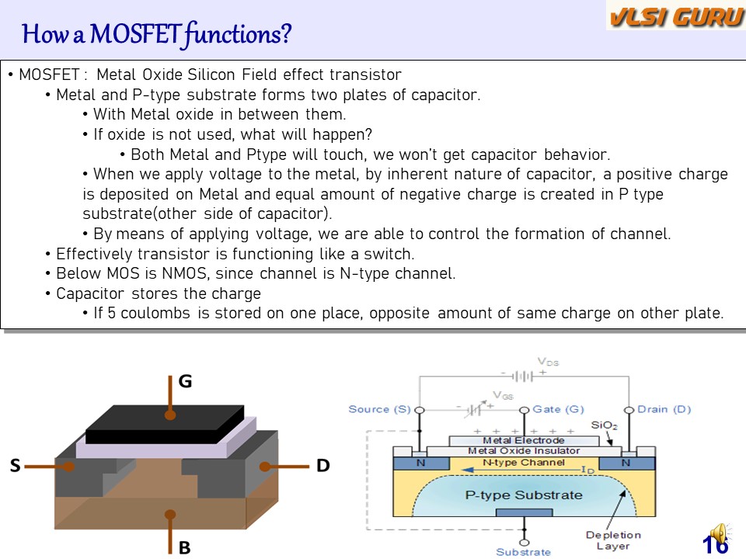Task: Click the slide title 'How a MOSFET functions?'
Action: coord(157,34)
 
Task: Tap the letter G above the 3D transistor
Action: coord(185,382)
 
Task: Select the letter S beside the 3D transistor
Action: coord(15,467)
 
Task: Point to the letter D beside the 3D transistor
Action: coord(323,466)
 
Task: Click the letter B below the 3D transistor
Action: coord(184,548)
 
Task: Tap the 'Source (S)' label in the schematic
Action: coord(379,409)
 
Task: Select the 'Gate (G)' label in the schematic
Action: coord(558,409)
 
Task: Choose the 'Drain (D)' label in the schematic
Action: coord(664,409)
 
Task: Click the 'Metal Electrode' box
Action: coord(524,440)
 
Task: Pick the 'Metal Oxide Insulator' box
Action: coord(524,451)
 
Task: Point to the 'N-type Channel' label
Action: coord(523,463)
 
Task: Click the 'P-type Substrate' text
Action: coord(523,495)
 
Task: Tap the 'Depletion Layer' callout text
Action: coord(613,540)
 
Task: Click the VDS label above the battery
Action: coord(548,362)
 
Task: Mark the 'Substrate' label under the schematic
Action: coord(523,552)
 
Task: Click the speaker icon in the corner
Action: coord(720,534)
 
